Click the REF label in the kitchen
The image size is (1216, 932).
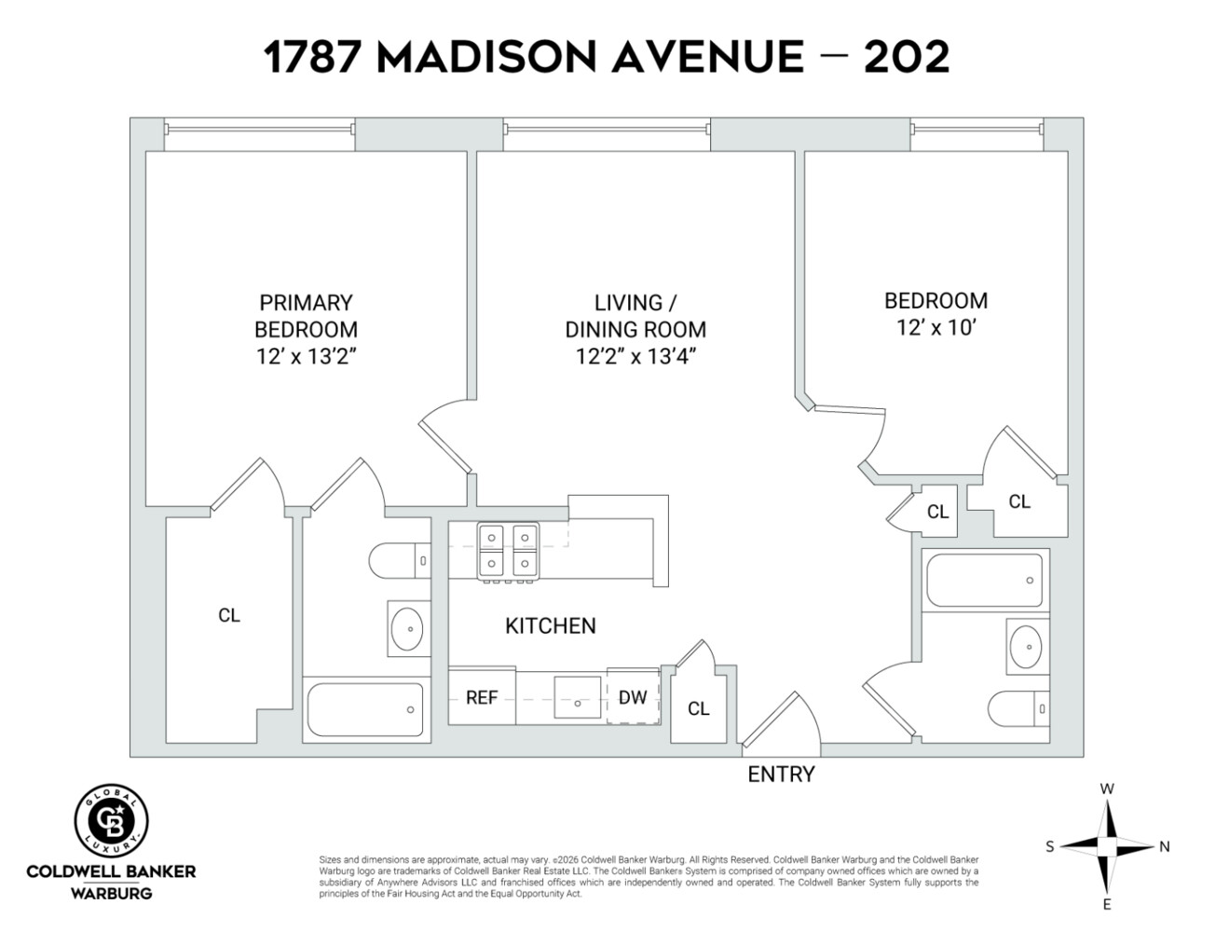482,697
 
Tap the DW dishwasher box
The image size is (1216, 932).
633,697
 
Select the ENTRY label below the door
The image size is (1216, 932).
781,774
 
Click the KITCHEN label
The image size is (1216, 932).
550,625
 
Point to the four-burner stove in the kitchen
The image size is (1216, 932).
508,551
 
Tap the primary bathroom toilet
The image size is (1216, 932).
399,561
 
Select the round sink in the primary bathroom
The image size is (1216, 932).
407,629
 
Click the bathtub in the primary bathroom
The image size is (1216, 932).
367,710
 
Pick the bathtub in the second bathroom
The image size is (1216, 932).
984,580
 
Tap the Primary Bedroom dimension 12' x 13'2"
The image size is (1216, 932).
306,356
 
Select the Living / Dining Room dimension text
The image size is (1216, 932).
635,356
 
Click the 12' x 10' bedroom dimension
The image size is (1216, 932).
936,327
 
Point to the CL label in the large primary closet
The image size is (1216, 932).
229,615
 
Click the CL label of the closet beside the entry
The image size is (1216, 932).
698,708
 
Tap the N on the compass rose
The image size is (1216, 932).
1164,846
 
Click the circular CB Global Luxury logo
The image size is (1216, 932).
111,820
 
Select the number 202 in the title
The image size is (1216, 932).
906,58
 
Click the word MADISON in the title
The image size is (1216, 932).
485,58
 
